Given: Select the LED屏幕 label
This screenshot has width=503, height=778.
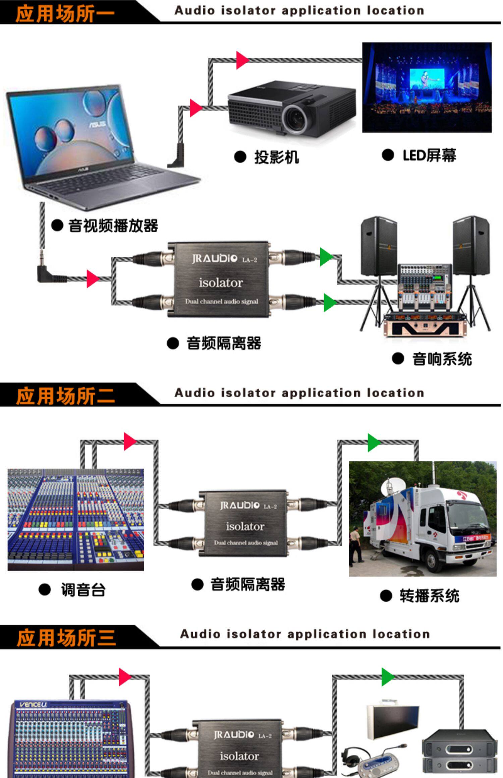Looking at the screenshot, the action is point(429,155).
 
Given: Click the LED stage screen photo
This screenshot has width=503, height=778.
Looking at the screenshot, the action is point(427,87).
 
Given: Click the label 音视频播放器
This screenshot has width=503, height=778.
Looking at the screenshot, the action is point(113,225).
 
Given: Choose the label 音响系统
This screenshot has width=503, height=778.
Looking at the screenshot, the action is point(442,359).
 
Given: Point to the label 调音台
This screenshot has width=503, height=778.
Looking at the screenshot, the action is point(83,590).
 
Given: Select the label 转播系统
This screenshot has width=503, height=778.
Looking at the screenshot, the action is point(429,596).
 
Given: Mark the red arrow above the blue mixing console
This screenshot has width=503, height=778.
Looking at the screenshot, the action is point(129,441).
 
